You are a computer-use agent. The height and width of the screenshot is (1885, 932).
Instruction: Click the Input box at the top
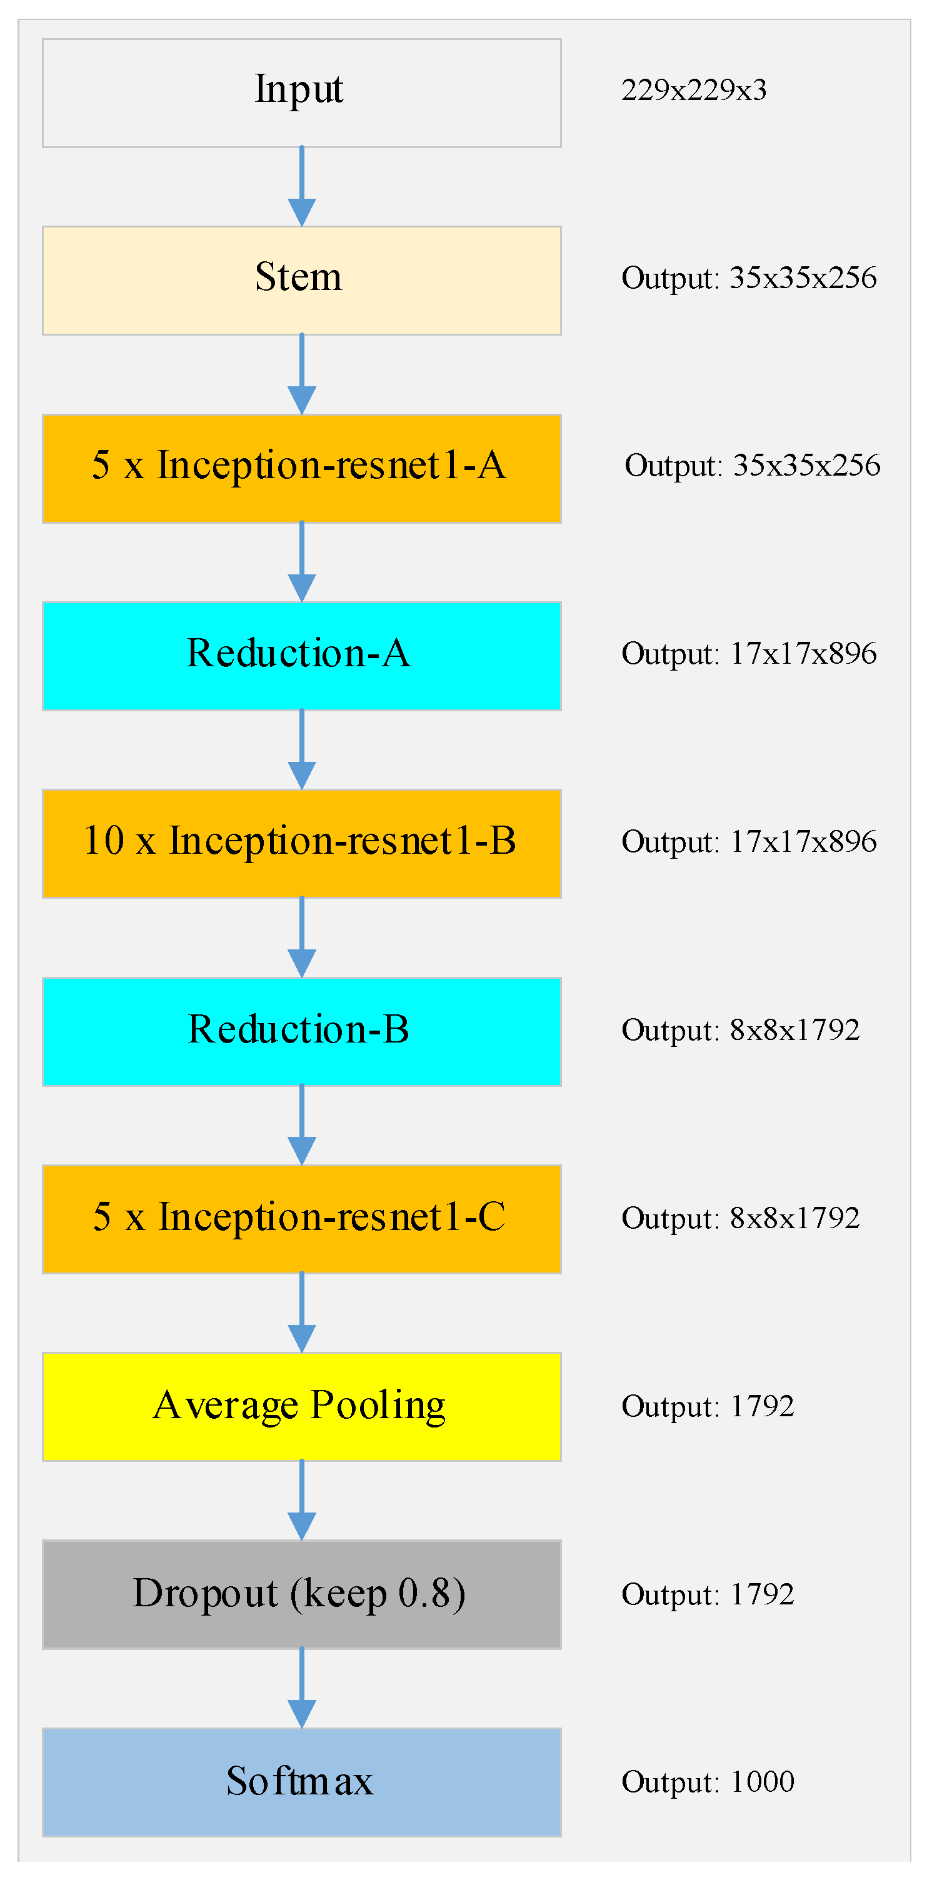click(x=302, y=93)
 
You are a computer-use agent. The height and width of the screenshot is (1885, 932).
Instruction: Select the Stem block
click(x=302, y=280)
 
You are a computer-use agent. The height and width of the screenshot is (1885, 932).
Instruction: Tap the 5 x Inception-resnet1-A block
click(x=302, y=468)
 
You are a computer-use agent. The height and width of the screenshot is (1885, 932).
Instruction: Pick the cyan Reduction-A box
click(x=302, y=656)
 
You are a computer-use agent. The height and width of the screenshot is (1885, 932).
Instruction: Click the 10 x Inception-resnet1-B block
click(x=302, y=844)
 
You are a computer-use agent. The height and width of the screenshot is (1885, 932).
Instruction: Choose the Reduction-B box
click(x=302, y=1031)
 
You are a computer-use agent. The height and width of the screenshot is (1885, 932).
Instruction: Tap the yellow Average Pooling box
click(x=302, y=1406)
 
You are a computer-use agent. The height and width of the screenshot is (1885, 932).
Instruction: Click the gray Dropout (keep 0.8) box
click(x=302, y=1594)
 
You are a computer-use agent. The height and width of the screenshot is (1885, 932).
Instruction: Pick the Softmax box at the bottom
click(x=302, y=1782)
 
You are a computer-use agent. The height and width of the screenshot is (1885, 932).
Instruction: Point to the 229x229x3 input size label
click(x=693, y=91)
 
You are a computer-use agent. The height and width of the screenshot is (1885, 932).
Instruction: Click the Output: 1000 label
click(x=707, y=1782)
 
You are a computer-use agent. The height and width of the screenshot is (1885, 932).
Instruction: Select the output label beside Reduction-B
click(x=739, y=1030)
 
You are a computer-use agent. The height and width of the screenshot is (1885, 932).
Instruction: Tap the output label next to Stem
click(x=748, y=278)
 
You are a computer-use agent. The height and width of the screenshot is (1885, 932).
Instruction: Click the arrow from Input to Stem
click(x=302, y=187)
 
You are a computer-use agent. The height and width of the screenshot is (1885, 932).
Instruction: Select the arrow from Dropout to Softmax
click(x=302, y=1689)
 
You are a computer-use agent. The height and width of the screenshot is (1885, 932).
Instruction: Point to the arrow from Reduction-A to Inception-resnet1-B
click(x=302, y=750)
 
